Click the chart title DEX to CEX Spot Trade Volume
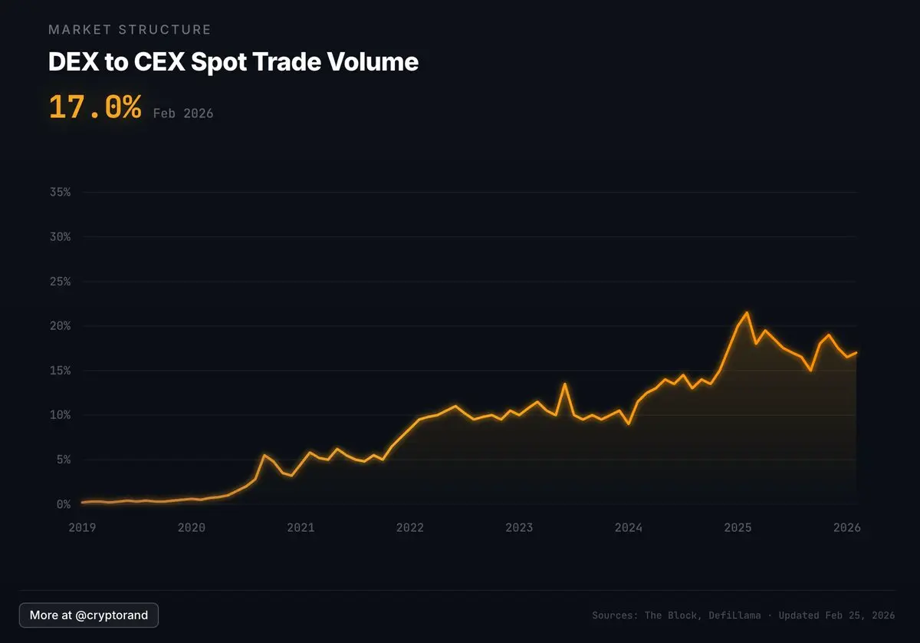(x=233, y=62)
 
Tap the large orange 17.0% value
(x=94, y=107)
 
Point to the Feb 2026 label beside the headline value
(x=183, y=114)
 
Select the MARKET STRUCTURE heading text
(x=130, y=30)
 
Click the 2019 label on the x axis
(x=82, y=528)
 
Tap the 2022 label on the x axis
(x=410, y=528)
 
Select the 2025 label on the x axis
(x=738, y=528)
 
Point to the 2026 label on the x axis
(x=847, y=528)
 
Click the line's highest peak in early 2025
(x=747, y=312)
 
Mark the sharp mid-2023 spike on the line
(x=564, y=384)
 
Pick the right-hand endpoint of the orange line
(x=856, y=353)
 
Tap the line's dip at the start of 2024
(x=629, y=424)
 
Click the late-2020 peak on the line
(x=264, y=455)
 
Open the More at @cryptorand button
(x=89, y=615)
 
